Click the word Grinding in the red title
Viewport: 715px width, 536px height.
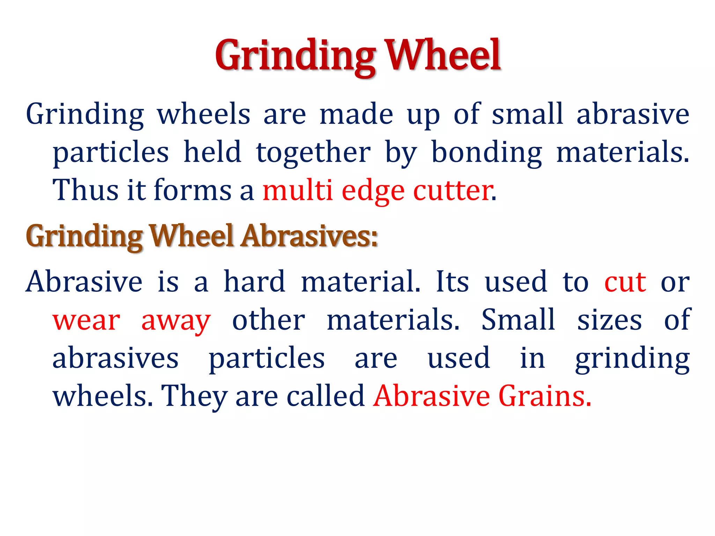[x=295, y=56]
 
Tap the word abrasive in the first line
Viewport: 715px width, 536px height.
[x=633, y=114]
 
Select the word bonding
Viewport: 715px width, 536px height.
[x=487, y=153]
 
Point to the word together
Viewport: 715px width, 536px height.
[x=313, y=153]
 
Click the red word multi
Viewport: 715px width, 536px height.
[x=297, y=191]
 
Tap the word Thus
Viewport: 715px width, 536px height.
[x=85, y=191]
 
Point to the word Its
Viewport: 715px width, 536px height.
[x=452, y=282]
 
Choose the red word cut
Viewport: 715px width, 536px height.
[x=625, y=282]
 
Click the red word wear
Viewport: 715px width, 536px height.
[x=86, y=321]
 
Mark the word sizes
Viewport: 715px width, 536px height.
[x=609, y=320]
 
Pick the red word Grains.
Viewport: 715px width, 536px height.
[x=545, y=396]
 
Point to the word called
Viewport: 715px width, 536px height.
[x=325, y=396]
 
